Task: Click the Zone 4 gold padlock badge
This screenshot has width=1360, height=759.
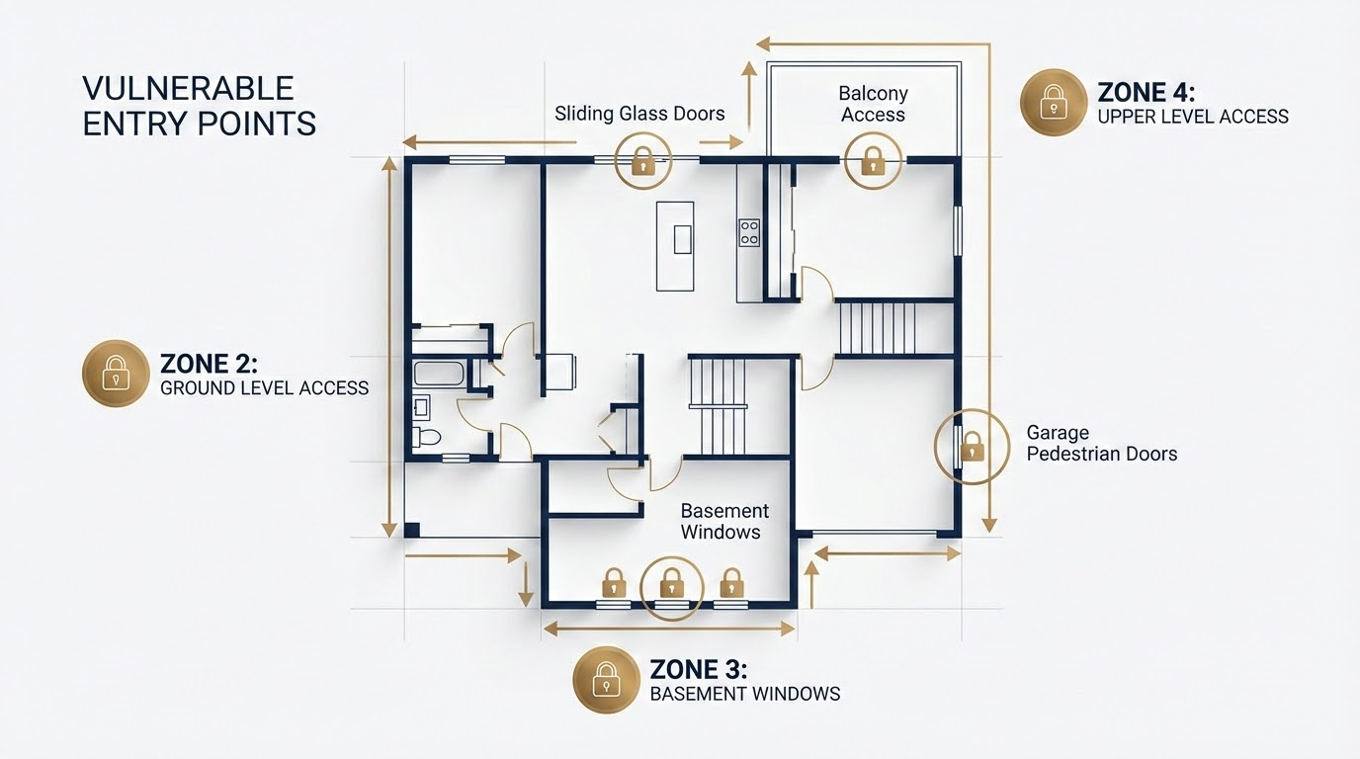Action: [x=1054, y=102]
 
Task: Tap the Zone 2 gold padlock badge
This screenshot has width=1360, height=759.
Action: [x=116, y=373]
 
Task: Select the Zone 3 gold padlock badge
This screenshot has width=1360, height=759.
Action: [x=606, y=680]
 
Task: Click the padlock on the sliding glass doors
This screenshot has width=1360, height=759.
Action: [x=643, y=162]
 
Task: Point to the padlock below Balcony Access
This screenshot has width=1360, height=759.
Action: [x=873, y=161]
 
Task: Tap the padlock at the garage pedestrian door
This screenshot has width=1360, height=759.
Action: [x=973, y=447]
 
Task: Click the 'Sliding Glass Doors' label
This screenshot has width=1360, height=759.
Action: [x=639, y=114]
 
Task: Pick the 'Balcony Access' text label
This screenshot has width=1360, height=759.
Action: [x=873, y=104]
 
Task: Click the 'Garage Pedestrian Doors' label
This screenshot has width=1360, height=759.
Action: [x=1101, y=444]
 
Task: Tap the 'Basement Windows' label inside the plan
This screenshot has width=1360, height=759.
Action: [x=724, y=521]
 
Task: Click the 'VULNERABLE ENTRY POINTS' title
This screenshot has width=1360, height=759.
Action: [x=199, y=106]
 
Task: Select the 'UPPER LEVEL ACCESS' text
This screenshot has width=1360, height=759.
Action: [x=1193, y=117]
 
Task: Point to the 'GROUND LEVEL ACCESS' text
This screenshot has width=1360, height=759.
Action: [x=264, y=388]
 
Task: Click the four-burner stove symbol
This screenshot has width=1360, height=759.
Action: [x=749, y=232]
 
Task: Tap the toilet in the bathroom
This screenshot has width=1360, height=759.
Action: [x=426, y=437]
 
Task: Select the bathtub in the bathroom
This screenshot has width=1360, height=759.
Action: [x=439, y=374]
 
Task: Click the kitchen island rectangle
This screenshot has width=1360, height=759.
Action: [x=675, y=246]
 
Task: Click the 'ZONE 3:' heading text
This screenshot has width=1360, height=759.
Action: [x=698, y=669]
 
